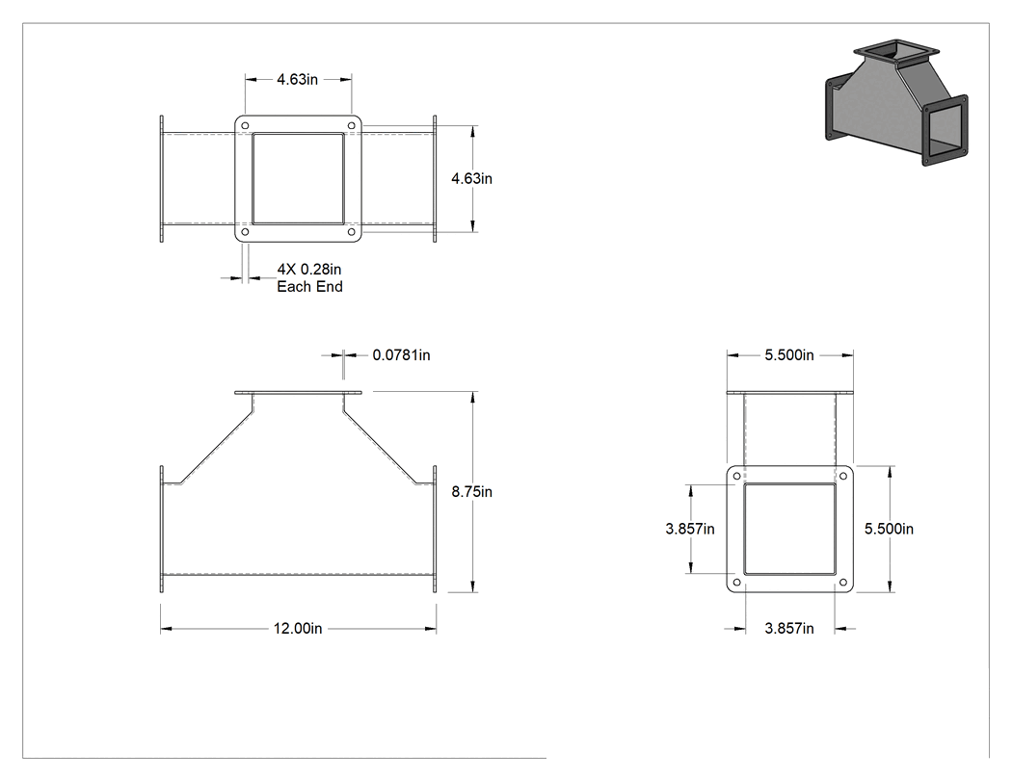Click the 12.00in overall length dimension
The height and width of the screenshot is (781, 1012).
pos(298,628)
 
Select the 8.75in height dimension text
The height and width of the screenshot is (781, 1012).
pos(472,491)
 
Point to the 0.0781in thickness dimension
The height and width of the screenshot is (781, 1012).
pos(402,354)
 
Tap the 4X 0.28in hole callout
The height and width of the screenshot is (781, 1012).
pos(309,269)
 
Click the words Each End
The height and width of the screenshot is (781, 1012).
pos(309,286)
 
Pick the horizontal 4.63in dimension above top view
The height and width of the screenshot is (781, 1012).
pos(298,79)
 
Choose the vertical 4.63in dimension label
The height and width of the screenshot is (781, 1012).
pos(472,178)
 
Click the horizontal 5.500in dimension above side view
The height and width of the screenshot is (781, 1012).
pos(789,354)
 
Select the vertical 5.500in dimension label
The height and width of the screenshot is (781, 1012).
pos(889,529)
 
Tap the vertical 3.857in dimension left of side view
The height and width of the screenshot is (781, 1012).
pos(690,529)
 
